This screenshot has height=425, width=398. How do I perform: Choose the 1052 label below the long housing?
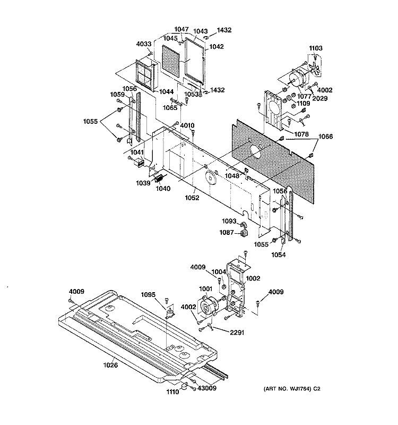[192, 198]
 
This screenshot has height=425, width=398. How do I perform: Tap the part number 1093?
[228, 222]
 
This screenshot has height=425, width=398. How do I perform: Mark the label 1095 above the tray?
[149, 295]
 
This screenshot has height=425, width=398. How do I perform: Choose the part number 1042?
[217, 47]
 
